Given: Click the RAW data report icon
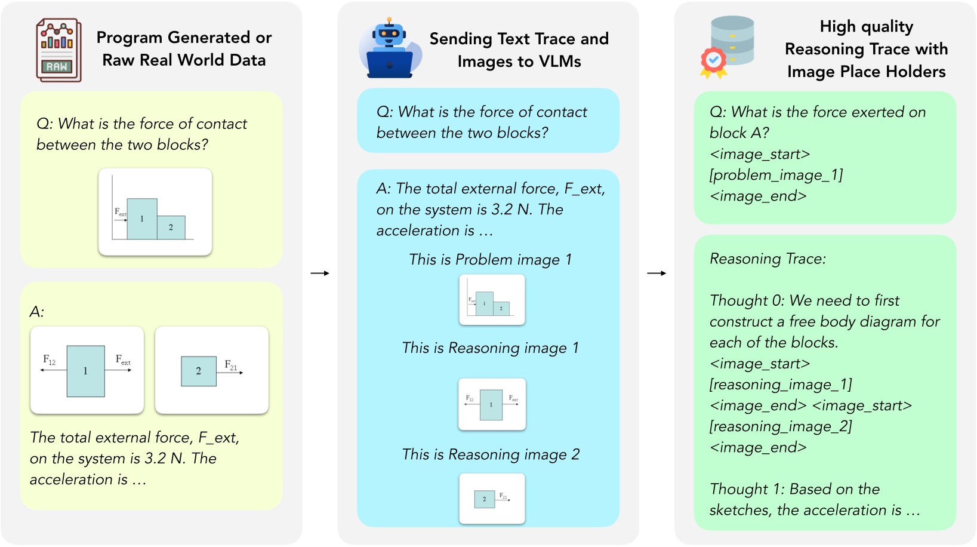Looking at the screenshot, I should [58, 50].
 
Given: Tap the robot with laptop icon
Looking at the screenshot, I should [390, 49].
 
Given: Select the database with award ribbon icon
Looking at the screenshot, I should [728, 47].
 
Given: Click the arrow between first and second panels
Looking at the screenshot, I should [320, 273].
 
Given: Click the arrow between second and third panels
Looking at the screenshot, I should [657, 273].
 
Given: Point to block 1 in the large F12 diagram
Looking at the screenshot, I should [86, 371].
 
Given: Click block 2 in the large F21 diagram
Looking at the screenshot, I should [199, 371].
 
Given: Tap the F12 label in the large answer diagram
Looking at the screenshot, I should [50, 359].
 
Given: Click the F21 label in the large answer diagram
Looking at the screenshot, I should [231, 365].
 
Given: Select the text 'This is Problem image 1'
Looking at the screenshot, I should [490, 260].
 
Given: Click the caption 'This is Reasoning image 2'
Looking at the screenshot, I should [491, 454].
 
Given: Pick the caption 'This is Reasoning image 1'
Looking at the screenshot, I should [490, 348].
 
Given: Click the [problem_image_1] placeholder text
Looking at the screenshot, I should [776, 175].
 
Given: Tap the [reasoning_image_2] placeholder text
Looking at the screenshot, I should [780, 426].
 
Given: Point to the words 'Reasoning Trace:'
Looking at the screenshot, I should [768, 259].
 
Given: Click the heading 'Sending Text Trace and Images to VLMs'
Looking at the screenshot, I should [519, 50].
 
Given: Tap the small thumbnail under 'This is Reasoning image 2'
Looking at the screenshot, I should [492, 499].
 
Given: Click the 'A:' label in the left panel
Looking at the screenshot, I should [37, 312].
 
